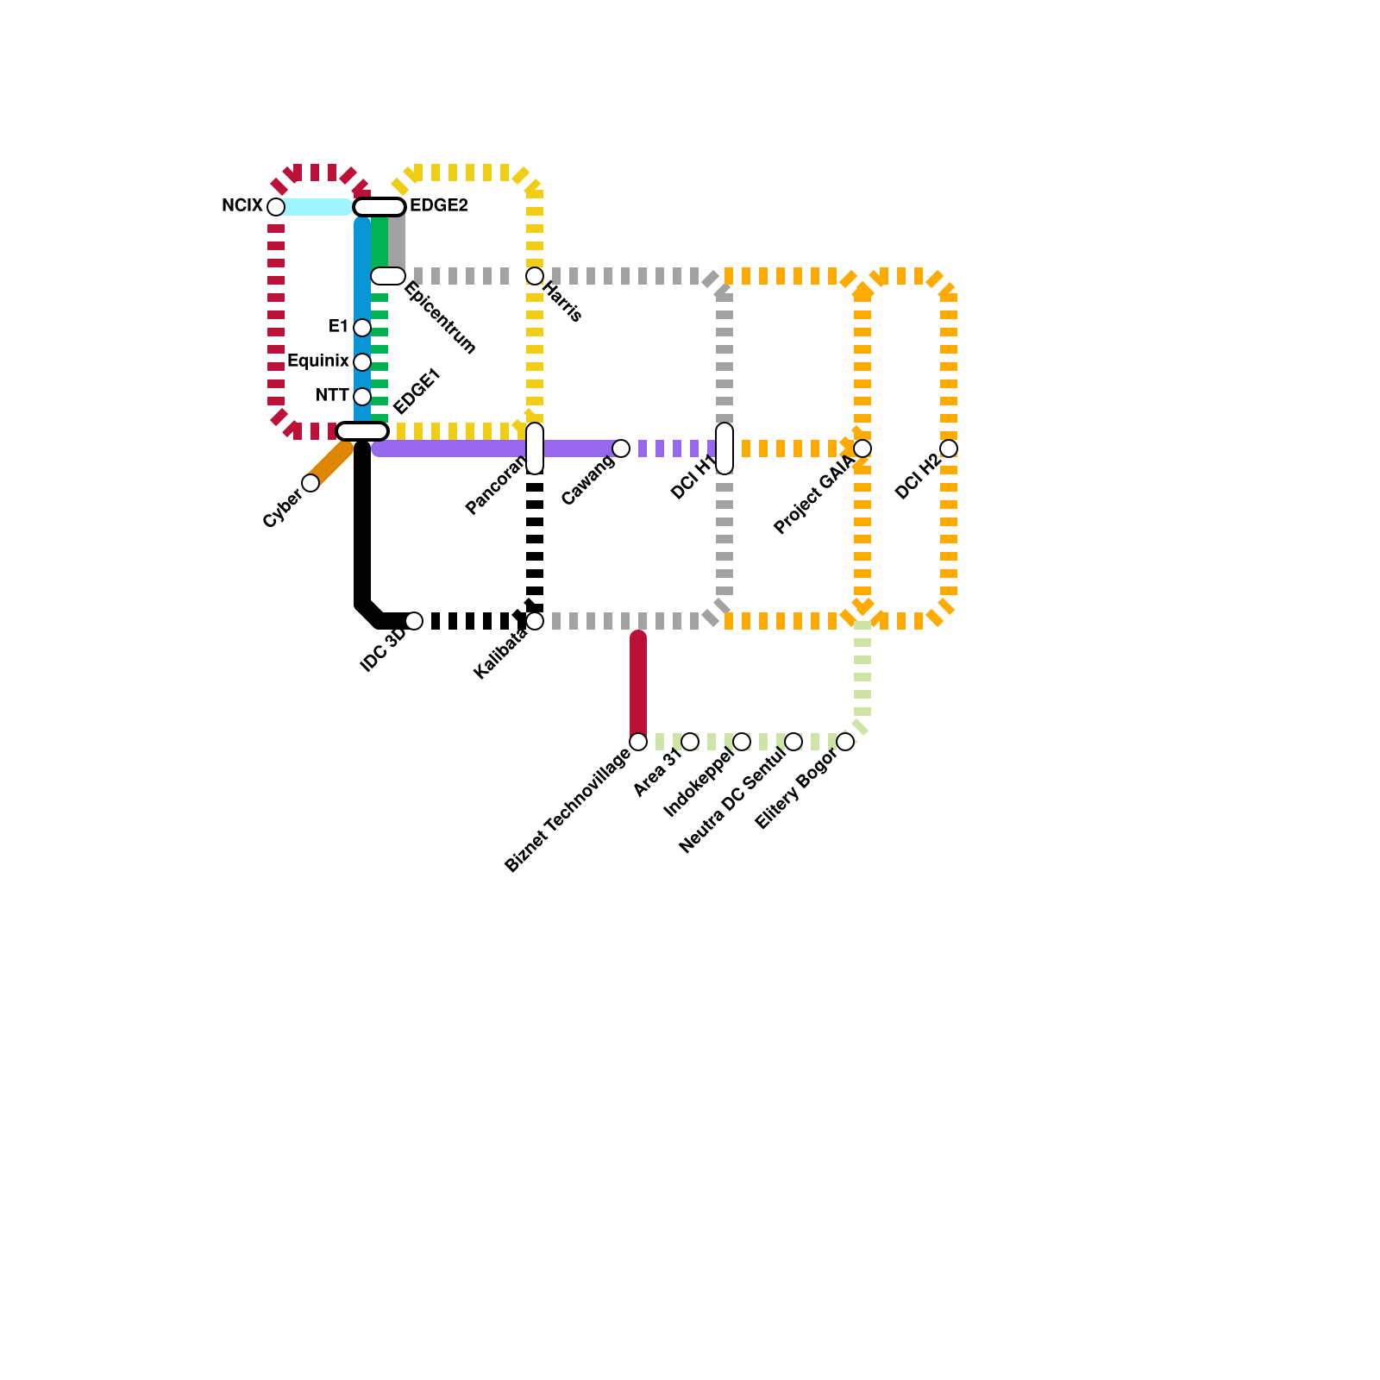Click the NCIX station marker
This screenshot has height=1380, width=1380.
point(275,207)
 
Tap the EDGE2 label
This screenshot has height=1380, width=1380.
point(438,206)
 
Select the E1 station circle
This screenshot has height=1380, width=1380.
point(362,328)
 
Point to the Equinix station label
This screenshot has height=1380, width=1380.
point(317,361)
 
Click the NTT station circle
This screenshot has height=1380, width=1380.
point(362,397)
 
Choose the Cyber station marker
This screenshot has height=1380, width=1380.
point(310,483)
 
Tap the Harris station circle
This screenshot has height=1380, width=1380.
point(535,276)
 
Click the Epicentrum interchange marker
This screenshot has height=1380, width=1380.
point(388,276)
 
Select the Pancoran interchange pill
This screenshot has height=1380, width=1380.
point(535,448)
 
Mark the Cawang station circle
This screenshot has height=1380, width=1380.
point(621,448)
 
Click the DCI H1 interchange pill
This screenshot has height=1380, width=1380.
point(724,448)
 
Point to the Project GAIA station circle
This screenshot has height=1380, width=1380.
point(862,448)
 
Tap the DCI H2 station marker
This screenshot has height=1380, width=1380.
point(949,448)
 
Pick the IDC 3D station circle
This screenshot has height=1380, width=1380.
point(414,621)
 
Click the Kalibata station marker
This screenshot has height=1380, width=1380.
point(535,621)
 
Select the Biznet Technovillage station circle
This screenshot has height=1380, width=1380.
point(638,742)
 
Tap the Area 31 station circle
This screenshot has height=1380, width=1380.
point(690,742)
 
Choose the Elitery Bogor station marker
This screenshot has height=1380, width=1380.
point(845,742)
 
